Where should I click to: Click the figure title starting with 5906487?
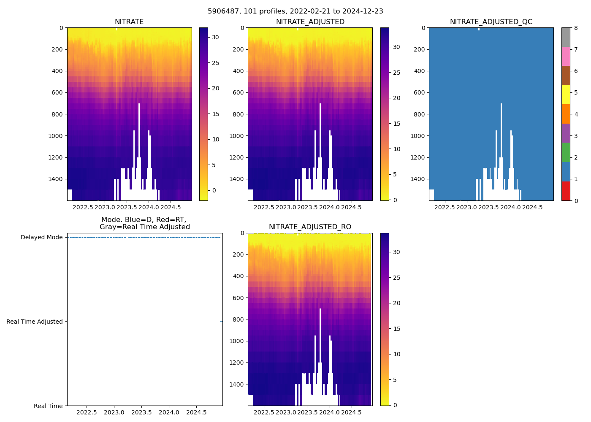click(x=295, y=11)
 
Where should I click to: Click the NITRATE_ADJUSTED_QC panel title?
click(x=491, y=22)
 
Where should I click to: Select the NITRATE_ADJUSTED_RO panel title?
click(x=310, y=227)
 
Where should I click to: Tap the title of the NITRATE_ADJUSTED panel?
click(x=310, y=22)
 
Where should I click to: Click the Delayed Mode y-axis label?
click(x=41, y=237)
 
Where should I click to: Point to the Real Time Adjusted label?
click(x=35, y=322)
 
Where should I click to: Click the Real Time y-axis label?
click(x=48, y=406)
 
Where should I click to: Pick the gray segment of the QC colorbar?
click(x=566, y=37)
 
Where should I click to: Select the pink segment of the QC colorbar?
click(x=566, y=56)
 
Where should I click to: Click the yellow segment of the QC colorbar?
click(x=566, y=95)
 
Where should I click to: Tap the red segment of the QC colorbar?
click(x=566, y=191)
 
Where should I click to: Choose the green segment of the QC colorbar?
click(x=566, y=152)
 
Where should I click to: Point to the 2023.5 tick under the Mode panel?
click(x=141, y=412)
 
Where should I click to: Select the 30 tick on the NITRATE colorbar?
click(x=215, y=38)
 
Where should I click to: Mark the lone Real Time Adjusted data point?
click(x=221, y=322)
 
